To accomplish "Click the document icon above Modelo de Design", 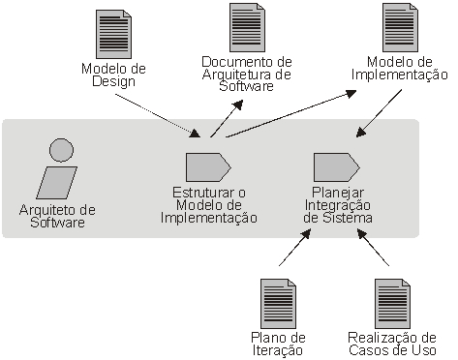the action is (x=113, y=34).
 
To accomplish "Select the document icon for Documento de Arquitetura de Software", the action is (x=247, y=27).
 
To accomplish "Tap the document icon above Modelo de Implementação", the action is (x=400, y=27).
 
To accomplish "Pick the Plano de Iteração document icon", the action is (x=278, y=304).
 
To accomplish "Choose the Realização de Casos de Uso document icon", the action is (x=392, y=304).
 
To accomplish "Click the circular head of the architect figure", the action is (x=61, y=150).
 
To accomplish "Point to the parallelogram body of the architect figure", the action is (x=57, y=183).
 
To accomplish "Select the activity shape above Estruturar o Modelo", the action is (x=208, y=167).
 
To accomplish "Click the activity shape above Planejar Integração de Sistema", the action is (x=337, y=167).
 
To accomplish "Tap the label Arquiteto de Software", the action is (x=57, y=216).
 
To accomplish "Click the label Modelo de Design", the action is (x=113, y=75).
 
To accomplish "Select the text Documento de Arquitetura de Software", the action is (x=247, y=74).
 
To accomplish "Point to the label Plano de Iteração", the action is (x=278, y=344).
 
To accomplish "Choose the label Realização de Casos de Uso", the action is (x=392, y=344).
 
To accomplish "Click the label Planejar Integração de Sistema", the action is (x=338, y=205).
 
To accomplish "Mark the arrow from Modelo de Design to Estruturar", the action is (x=158, y=116).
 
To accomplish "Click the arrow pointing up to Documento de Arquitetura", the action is (x=227, y=118).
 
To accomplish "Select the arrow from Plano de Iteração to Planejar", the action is (x=295, y=248).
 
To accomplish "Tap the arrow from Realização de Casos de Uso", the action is (x=373, y=248).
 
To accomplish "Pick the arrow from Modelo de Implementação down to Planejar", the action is (x=379, y=113).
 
